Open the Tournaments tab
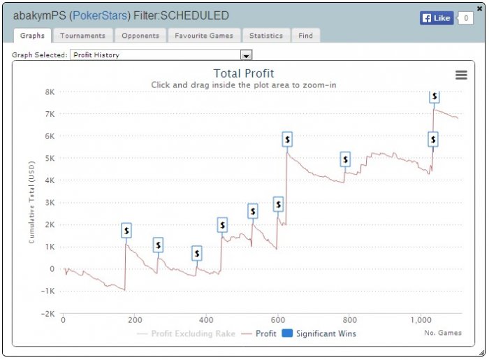tap(82, 36)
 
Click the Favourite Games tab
tap(204, 36)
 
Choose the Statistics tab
tap(266, 36)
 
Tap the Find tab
tap(305, 36)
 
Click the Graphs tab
tap(32, 36)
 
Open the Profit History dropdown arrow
tap(246, 55)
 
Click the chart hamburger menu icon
tap(461, 75)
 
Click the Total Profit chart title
tap(244, 73)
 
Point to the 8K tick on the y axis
tap(50, 92)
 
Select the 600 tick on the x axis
tap(278, 320)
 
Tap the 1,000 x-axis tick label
tap(422, 320)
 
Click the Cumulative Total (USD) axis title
tap(32, 203)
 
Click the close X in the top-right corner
tap(479, 8)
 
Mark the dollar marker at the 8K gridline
tap(435, 96)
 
